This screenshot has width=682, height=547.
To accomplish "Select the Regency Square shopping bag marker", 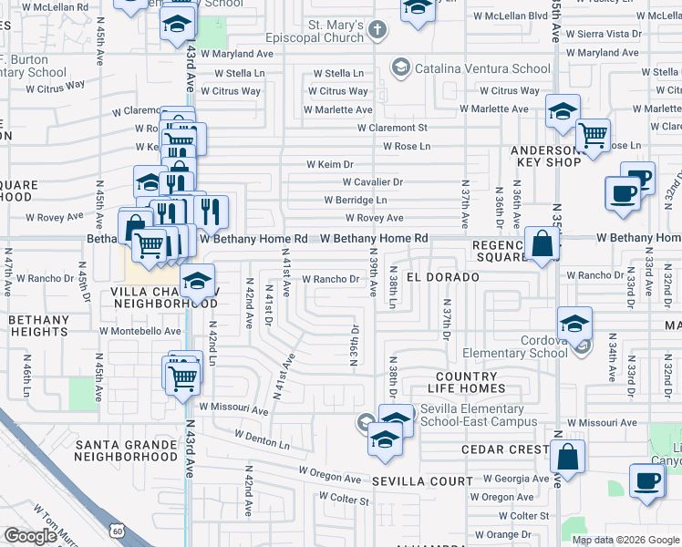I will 542,244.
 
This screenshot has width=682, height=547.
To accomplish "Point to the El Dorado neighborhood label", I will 443,276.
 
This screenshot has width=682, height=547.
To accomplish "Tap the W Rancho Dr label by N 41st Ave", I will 330,279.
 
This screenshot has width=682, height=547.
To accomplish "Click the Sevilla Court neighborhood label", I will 422,480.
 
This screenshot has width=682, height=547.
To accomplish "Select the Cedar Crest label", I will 504,449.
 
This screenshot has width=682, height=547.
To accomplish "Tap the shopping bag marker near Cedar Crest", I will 567,458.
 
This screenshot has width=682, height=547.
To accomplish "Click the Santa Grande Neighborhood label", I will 126,450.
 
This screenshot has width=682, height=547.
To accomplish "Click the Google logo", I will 30,536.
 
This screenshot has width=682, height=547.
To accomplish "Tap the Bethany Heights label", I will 38,326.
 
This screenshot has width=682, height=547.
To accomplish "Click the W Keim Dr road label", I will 329,164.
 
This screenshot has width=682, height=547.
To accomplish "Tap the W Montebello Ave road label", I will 140,331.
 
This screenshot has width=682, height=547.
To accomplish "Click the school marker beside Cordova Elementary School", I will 574,323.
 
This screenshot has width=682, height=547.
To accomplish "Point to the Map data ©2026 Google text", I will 625,539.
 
